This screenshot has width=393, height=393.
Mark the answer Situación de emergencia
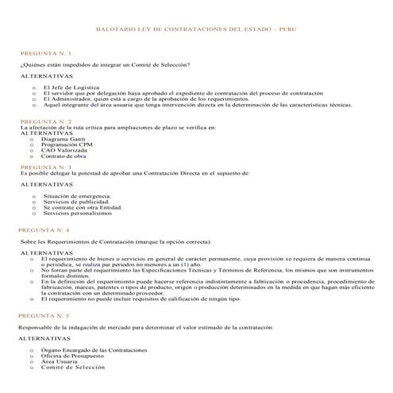(77, 195)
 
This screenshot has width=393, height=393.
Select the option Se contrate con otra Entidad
(83, 207)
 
